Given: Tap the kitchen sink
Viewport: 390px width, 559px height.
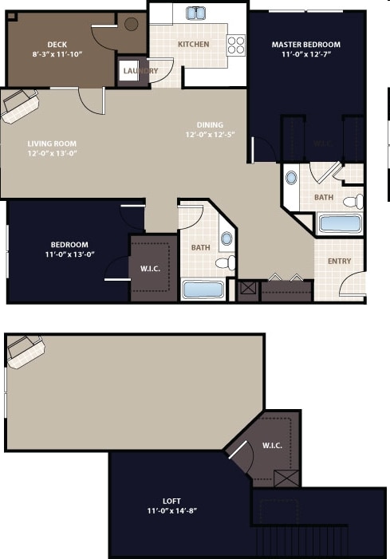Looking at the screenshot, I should tap(197, 13).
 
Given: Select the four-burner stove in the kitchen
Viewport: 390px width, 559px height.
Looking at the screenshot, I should tap(236, 44).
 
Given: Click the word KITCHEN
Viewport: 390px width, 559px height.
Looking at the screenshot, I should tap(193, 45).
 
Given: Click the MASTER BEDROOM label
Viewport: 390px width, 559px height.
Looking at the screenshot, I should tap(305, 45).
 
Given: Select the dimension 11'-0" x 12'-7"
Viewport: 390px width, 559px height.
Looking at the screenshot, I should tap(305, 55).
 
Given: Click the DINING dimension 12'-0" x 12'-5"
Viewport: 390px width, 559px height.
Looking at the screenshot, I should tap(211, 135).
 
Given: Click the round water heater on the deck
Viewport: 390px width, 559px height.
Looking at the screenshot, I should tap(132, 24).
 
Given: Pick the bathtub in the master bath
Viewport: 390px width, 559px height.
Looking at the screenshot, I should tap(341, 222).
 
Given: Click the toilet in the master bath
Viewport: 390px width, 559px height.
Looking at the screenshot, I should tap(353, 200).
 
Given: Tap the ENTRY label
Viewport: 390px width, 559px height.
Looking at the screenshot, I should tap(339, 261).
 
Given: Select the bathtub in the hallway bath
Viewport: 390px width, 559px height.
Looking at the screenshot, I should tap(202, 289).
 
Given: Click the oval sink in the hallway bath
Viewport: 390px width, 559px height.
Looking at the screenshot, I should tap(226, 238).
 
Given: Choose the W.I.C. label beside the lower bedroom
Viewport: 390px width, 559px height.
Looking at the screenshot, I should tap(151, 268).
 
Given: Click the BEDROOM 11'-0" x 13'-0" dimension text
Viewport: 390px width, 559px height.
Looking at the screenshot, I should tap(69, 255).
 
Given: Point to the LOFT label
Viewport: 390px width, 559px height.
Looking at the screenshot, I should tap(171, 501).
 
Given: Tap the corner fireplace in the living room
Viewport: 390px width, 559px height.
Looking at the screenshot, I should tap(20, 105).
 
